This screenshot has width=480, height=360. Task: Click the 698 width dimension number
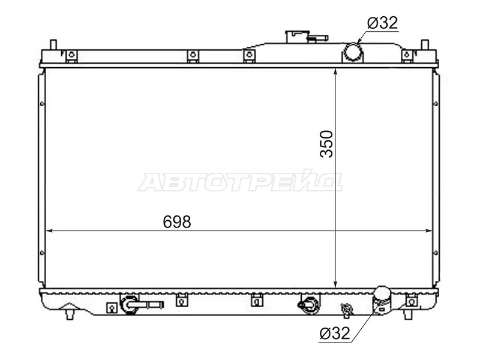[177, 221]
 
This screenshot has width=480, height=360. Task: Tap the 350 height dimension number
[326, 144]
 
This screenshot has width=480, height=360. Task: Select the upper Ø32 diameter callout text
[383, 23]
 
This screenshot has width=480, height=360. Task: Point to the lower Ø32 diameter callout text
[334, 333]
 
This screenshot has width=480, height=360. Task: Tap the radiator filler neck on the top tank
[297, 37]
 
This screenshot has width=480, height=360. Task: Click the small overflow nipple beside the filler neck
[319, 38]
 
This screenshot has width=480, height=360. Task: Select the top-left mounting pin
[53, 44]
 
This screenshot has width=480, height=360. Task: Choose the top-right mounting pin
[425, 44]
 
